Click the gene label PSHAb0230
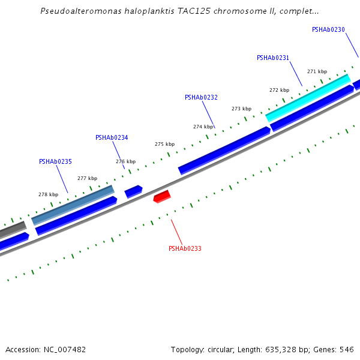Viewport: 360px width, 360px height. point(328,29)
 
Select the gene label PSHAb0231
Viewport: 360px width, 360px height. point(273,58)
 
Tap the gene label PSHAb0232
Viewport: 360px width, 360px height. point(201,97)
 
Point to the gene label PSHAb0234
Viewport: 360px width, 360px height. point(112,137)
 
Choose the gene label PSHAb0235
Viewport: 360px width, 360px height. point(55,161)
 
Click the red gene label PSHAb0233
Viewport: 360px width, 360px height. point(185,248)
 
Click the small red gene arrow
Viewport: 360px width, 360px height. point(162,196)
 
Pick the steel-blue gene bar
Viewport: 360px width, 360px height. point(73,205)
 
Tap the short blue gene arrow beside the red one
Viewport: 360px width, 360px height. point(133,191)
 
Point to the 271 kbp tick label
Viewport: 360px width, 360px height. point(317,71)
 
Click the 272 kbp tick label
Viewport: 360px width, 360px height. point(279,90)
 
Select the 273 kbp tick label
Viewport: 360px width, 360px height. point(241,109)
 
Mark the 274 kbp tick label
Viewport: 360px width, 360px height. point(203,127)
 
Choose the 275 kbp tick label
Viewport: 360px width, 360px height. point(164,144)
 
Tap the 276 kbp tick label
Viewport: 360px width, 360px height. point(125,161)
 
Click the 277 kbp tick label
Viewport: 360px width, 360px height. point(87,178)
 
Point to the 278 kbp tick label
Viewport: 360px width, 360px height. point(48,194)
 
